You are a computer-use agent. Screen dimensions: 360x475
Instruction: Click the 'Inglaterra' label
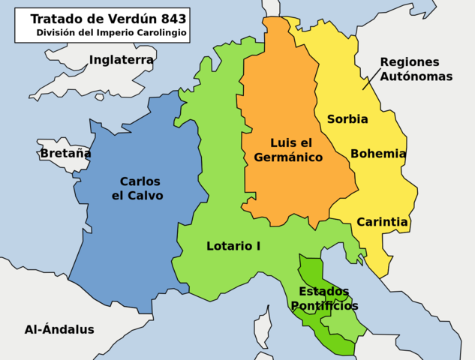pyautogui.click(x=121, y=60)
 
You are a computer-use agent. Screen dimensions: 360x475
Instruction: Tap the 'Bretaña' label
pyautogui.click(x=65, y=153)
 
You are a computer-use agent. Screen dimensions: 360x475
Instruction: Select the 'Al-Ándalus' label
pyautogui.click(x=59, y=329)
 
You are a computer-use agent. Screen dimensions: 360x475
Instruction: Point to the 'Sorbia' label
pyautogui.click(x=347, y=118)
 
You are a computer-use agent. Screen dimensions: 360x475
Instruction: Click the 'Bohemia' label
pyautogui.click(x=378, y=154)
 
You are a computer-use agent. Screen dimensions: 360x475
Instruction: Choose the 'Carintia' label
pyautogui.click(x=382, y=222)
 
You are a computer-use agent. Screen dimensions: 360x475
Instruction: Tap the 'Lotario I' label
pyautogui.click(x=233, y=245)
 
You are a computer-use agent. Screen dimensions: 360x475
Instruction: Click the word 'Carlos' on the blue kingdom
pyautogui.click(x=140, y=181)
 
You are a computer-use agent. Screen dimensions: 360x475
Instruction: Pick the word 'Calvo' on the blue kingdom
pyautogui.click(x=147, y=196)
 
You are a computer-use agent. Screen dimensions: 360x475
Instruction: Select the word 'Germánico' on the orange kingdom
pyautogui.click(x=288, y=157)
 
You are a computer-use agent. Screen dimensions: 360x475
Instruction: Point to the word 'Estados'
pyautogui.click(x=324, y=291)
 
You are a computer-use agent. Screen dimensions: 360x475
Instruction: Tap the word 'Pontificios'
pyautogui.click(x=324, y=306)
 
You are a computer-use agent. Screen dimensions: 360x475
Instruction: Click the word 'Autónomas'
pyautogui.click(x=416, y=76)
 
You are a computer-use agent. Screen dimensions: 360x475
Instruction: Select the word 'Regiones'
pyautogui.click(x=410, y=62)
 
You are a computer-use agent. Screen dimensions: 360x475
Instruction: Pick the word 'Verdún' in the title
pyautogui.click(x=120, y=19)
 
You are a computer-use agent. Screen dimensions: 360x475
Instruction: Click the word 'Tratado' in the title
pyautogui.click(x=53, y=19)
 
